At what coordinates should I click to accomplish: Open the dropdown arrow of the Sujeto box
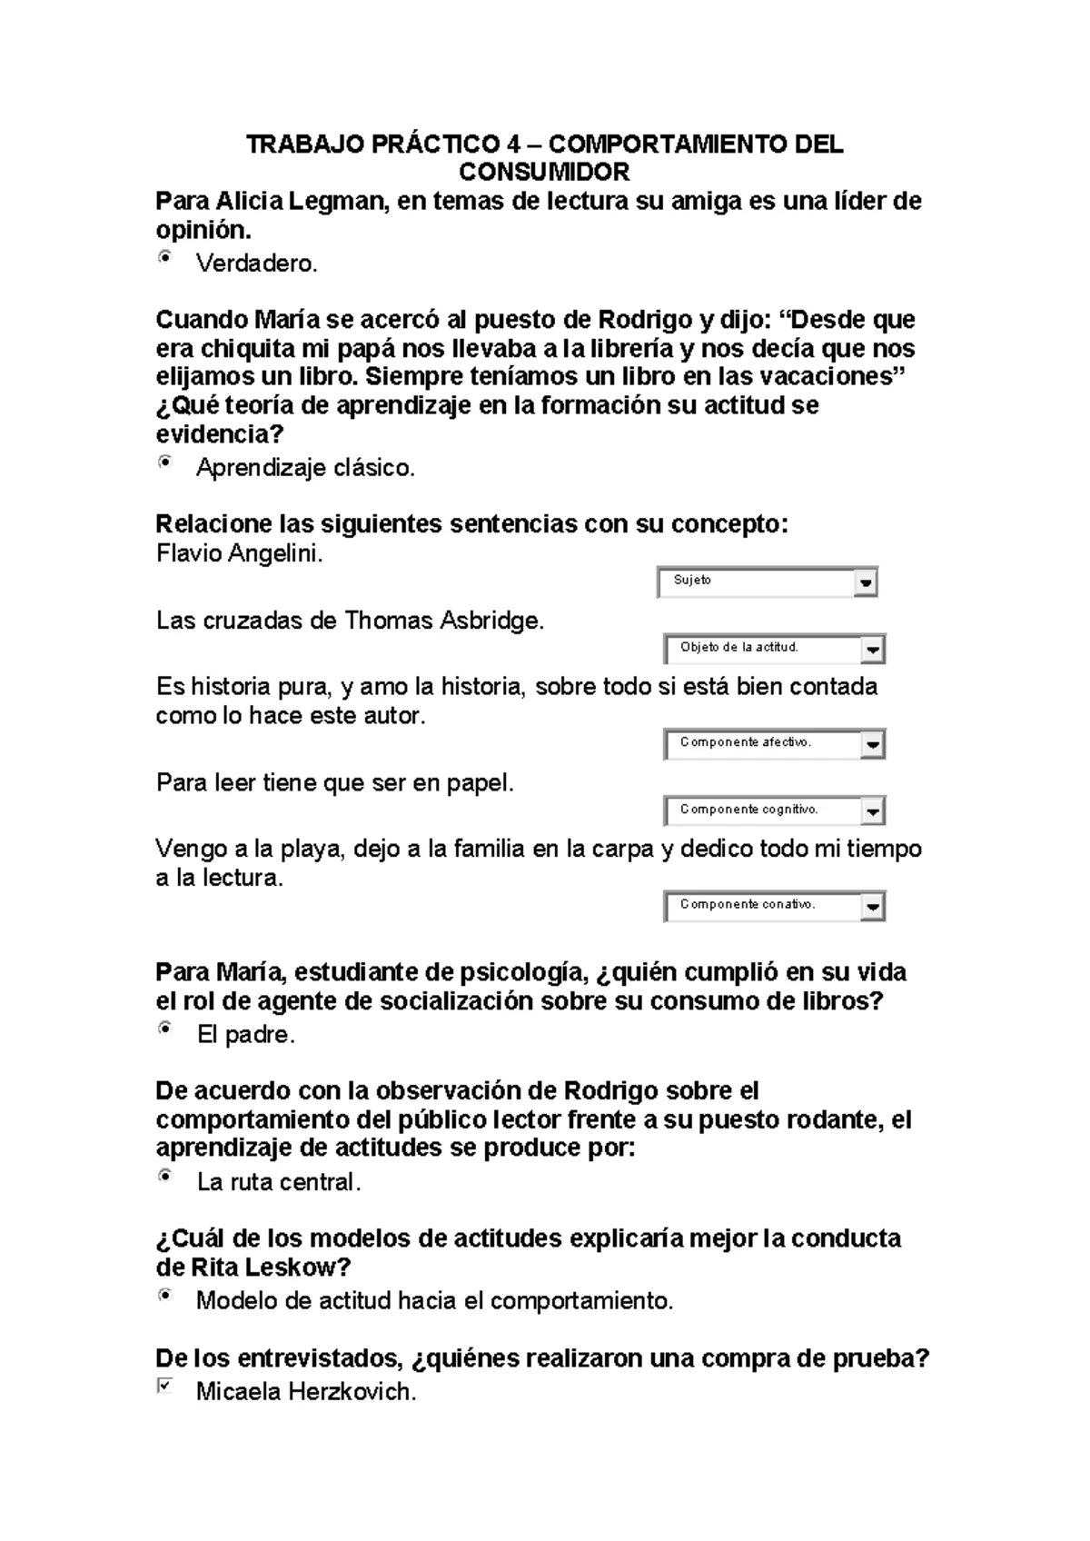[865, 582]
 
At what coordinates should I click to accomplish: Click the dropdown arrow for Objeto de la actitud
[872, 650]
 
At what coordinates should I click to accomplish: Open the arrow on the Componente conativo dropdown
[872, 907]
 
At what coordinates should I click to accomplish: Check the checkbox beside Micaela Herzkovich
[164, 1386]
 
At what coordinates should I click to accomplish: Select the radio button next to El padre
[164, 1029]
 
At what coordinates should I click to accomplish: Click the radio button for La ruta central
[164, 1176]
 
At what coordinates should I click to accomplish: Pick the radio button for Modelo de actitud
[164, 1295]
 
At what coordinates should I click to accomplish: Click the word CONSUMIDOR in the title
[544, 172]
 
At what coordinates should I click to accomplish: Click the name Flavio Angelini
[239, 553]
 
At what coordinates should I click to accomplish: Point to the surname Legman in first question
[340, 201]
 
